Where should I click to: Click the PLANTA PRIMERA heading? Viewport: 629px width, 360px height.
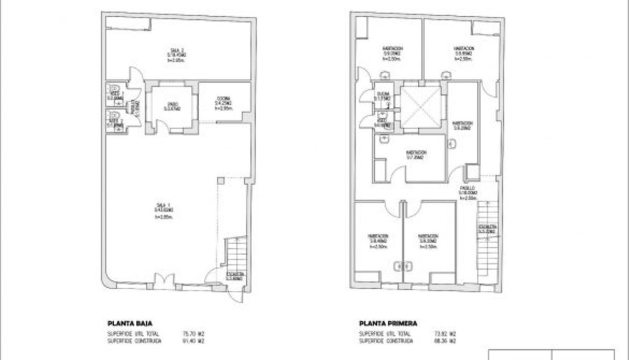(388, 323)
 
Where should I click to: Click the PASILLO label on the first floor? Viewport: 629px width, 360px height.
(468, 188)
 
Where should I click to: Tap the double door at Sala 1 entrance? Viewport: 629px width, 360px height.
(165, 280)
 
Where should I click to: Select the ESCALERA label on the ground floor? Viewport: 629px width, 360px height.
(235, 274)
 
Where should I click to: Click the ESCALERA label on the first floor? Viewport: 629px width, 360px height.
(487, 227)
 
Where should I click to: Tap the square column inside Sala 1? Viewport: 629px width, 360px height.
(221, 181)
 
